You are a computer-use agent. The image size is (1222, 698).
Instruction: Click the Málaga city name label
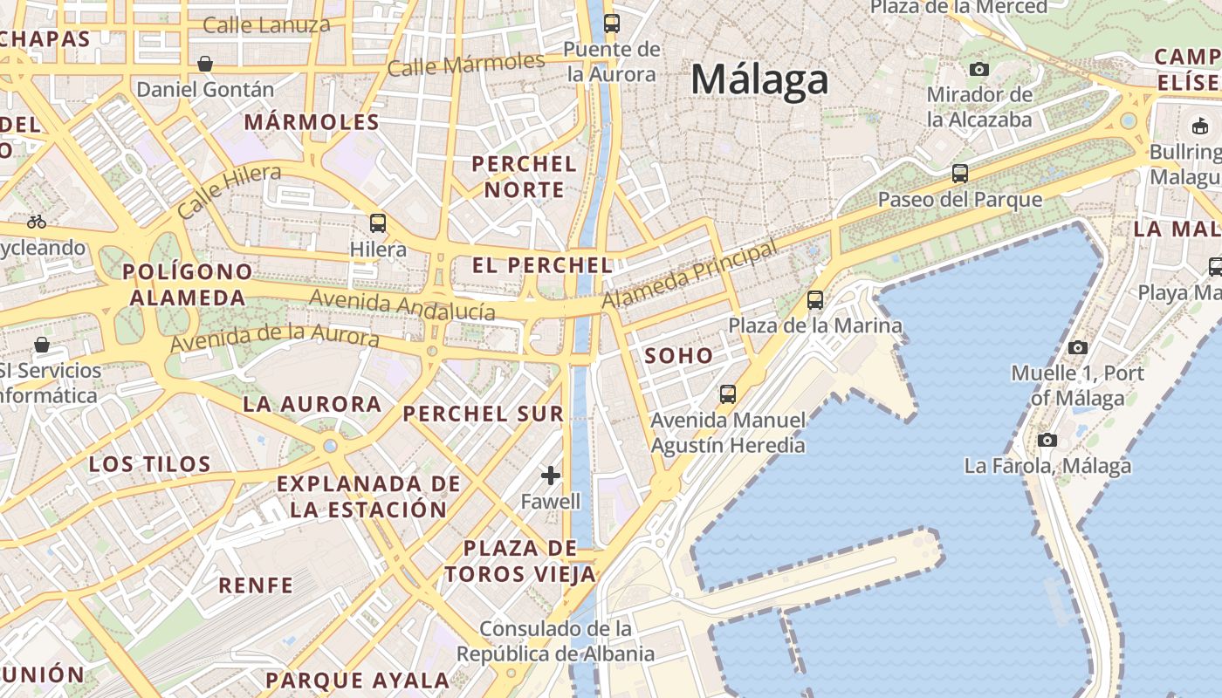coord(759,80)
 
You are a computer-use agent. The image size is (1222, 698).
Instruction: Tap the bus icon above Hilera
coord(378,222)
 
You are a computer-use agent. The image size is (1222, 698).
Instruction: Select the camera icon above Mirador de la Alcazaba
coord(979,69)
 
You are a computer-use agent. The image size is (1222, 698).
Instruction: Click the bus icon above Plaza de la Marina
coord(815,300)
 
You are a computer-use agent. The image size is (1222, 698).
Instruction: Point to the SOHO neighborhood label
coord(679,356)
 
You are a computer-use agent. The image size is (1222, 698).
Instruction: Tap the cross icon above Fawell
coord(550,476)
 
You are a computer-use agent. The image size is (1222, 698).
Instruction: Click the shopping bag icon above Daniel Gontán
coord(205,64)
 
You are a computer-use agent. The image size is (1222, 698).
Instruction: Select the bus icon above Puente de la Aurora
coord(611,24)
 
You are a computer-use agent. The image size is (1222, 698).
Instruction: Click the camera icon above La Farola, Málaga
coord(1047,440)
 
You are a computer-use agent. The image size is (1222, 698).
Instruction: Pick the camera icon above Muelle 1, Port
coord(1078,347)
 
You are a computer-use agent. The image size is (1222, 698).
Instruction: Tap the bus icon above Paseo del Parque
coord(960,174)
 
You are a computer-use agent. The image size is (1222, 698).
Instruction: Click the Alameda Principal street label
coord(690,275)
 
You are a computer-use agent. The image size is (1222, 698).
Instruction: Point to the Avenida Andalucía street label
coord(402,305)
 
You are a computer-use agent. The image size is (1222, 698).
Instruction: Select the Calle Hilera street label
coord(229,190)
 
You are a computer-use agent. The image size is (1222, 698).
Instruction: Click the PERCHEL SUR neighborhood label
coord(484,414)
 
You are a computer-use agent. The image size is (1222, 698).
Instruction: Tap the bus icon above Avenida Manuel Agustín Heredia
coord(728,394)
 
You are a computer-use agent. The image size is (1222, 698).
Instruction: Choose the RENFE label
coord(256,585)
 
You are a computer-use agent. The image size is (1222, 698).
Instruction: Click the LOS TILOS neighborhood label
coord(150,464)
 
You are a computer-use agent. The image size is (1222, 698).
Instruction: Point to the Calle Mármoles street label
coord(466,65)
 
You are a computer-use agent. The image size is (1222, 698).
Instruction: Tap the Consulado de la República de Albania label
coord(555,640)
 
